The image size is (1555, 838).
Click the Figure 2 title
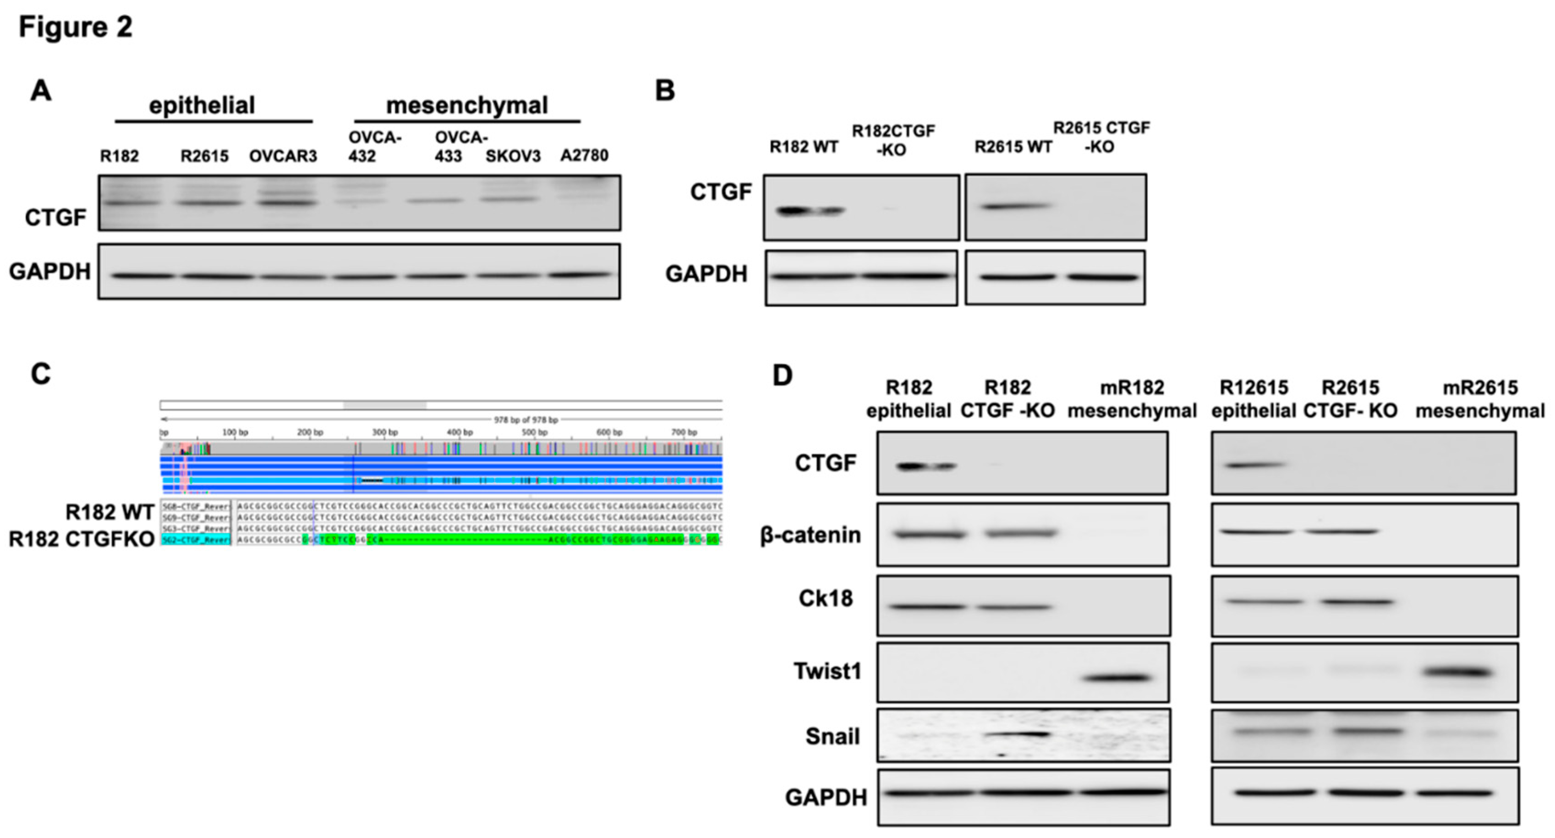point(76,27)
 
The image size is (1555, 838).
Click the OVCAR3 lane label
point(283,156)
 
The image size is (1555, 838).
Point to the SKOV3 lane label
point(513,156)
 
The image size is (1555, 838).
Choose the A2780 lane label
point(584,155)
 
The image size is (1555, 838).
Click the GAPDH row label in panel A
point(49,272)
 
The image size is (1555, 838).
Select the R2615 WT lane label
point(1013,147)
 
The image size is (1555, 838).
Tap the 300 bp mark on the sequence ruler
point(384,432)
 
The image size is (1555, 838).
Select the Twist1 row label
point(827,671)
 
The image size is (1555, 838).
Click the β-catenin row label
point(810,535)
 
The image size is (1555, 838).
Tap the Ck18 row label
point(825,598)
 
